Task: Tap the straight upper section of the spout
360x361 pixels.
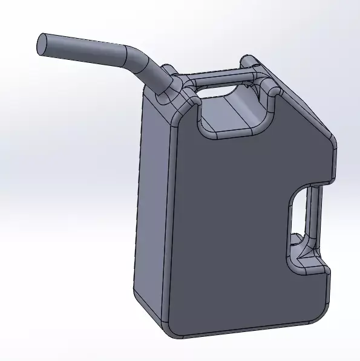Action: [x=85, y=49]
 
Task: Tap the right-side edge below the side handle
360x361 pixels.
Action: [x=330, y=290]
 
